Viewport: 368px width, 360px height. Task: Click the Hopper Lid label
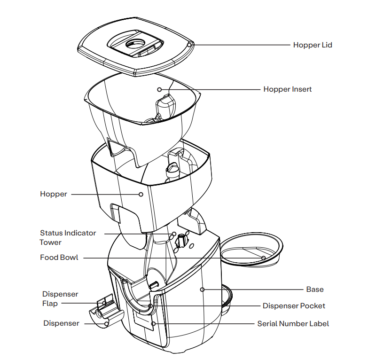[313, 45]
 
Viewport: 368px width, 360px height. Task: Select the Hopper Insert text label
[287, 89]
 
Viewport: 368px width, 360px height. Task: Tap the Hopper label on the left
[54, 194]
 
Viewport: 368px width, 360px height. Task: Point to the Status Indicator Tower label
[68, 237]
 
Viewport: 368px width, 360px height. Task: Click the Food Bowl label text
[59, 258]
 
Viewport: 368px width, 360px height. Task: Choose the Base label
[314, 289]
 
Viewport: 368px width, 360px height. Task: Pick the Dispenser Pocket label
[294, 306]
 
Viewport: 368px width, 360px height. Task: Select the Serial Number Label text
[293, 324]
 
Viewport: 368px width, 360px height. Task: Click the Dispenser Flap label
[60, 298]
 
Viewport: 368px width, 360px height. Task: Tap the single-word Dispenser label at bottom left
[61, 323]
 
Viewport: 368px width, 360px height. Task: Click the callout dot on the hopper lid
[189, 45]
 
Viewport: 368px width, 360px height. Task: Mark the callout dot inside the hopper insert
[159, 89]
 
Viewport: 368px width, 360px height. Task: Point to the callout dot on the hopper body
[141, 194]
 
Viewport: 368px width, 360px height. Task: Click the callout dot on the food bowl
[263, 258]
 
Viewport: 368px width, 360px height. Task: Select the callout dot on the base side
[202, 290]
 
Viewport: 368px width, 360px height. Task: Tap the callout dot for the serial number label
[154, 324]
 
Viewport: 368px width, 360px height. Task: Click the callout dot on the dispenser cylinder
[107, 323]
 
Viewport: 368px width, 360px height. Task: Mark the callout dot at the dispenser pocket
[150, 306]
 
